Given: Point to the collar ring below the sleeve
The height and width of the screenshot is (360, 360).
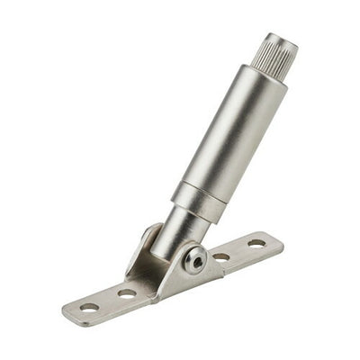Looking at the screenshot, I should pos(198,201).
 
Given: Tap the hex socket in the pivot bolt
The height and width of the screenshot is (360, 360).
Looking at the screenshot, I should pos(195,260).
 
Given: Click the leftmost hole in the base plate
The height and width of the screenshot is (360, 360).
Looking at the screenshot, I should pos(89,308).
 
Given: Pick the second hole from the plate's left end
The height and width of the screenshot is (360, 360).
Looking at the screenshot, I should pos(127,293).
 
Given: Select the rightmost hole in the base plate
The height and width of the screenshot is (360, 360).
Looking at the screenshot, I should pos(256,243).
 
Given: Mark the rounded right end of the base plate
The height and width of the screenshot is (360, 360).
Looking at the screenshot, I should pos(276,238).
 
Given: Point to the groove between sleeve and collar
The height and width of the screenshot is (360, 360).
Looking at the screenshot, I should pos(209,184).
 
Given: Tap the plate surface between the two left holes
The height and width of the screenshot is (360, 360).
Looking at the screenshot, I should pos(108,301).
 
